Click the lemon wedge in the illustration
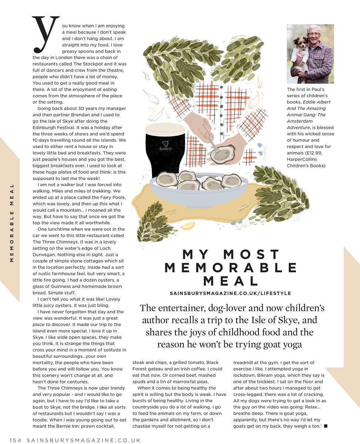pyautogui.click(x=188, y=225)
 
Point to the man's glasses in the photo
pyautogui.click(x=314, y=34)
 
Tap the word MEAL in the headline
pyautogui.click(x=231, y=280)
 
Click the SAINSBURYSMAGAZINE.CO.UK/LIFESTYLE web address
pyautogui.click(x=231, y=293)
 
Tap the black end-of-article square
pyautogui.click(x=326, y=426)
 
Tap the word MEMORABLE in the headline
pyautogui.click(x=231, y=267)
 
